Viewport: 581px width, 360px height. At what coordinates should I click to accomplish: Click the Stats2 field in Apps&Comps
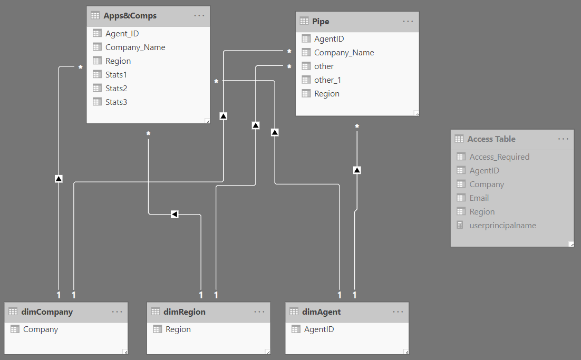click(x=116, y=88)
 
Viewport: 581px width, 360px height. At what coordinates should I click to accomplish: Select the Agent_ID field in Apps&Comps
click(x=122, y=34)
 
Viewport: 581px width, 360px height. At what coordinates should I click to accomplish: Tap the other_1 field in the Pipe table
click(x=327, y=80)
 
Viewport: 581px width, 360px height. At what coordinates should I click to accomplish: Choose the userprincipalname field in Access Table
click(x=502, y=226)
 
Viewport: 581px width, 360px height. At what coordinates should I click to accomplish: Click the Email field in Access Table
click(x=479, y=198)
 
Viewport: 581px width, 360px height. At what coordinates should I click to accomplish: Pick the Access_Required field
click(x=499, y=157)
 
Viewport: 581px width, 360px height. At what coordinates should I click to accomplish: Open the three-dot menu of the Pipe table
click(x=408, y=22)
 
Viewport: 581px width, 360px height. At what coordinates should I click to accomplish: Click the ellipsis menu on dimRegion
click(x=259, y=312)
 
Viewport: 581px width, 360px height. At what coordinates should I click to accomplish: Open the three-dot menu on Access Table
click(x=563, y=139)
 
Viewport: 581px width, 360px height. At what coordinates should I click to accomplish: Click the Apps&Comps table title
click(x=130, y=16)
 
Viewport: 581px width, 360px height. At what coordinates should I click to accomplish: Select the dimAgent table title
click(x=321, y=312)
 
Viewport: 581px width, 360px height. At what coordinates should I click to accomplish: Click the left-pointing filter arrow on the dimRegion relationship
click(x=175, y=214)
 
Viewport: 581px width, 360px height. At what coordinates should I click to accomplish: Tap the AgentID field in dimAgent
click(x=319, y=329)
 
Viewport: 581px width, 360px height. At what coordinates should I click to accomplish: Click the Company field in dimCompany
click(x=41, y=329)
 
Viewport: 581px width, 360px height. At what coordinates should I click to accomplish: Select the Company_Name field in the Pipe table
click(x=344, y=53)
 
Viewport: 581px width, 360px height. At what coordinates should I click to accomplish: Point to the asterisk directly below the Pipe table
click(x=357, y=127)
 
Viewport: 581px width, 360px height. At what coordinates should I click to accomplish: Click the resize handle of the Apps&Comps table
click(x=208, y=121)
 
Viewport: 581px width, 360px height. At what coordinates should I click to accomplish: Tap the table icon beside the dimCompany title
click(x=13, y=312)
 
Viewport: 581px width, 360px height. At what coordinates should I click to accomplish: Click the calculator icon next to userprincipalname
click(x=460, y=225)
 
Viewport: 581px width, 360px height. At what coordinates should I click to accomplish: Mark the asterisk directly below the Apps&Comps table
click(x=148, y=134)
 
